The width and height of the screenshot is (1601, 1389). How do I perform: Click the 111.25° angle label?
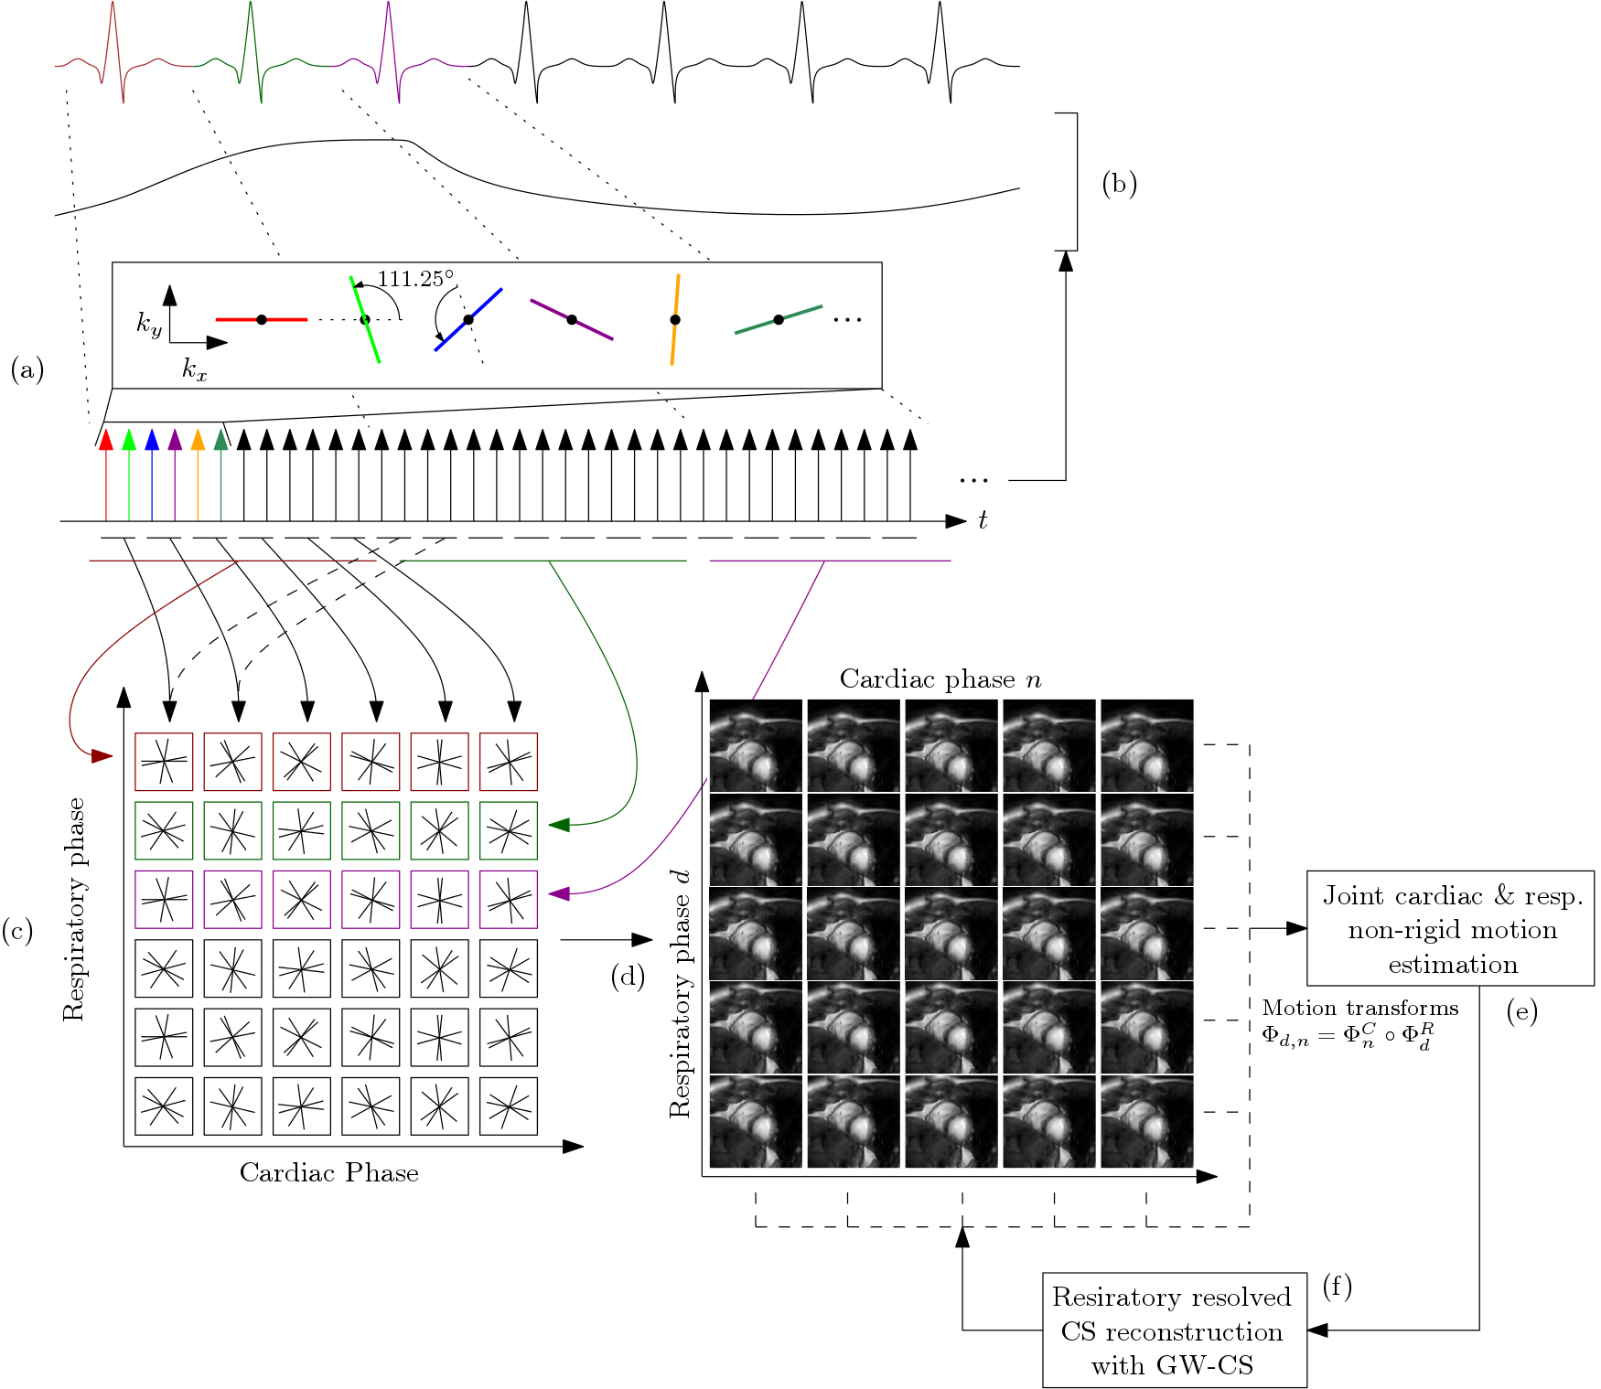tap(415, 279)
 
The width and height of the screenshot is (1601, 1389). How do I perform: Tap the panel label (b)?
tap(1119, 184)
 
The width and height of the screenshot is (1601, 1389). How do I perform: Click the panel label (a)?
tap(27, 369)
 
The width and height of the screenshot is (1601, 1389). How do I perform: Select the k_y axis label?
tap(149, 324)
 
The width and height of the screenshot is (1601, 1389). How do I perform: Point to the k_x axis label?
tap(194, 369)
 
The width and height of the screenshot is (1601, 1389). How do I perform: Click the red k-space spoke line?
tap(262, 319)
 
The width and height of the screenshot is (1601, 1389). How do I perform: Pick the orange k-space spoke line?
tap(675, 319)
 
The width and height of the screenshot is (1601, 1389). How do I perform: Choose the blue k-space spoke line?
tap(468, 319)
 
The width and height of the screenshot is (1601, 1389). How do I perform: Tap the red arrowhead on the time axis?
tap(106, 440)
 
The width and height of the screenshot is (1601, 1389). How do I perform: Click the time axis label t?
tap(983, 520)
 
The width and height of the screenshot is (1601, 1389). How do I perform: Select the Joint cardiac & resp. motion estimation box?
tap(1451, 929)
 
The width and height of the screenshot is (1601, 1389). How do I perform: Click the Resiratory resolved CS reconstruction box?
tap(1174, 1330)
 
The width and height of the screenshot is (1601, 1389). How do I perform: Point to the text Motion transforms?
tap(1360, 1008)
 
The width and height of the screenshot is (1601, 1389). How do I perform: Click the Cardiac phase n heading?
tap(940, 679)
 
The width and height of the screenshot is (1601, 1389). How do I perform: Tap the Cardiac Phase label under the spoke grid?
tap(329, 1173)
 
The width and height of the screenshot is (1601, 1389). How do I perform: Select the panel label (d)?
tap(628, 977)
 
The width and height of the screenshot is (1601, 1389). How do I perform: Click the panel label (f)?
tap(1337, 1287)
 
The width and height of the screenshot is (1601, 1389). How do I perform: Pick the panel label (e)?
tap(1521, 1011)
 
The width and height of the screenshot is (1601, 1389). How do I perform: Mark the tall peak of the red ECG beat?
tap(112, 5)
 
